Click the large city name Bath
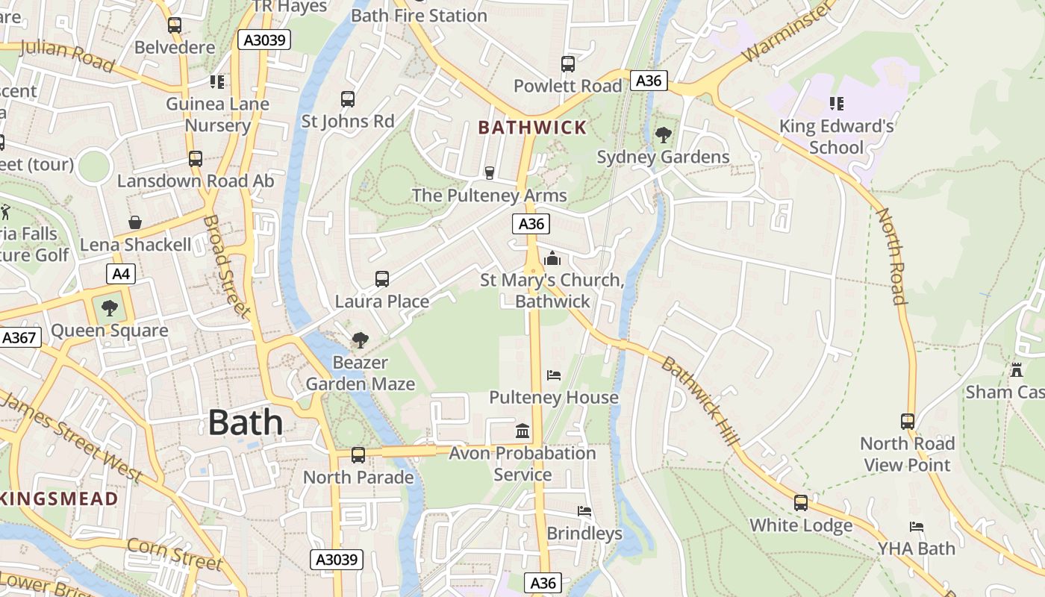tap(246, 422)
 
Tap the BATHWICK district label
tap(532, 128)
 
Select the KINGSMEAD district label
tap(58, 498)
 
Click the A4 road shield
tap(121, 274)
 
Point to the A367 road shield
tap(19, 337)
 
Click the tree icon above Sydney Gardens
tap(663, 135)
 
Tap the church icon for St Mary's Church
tap(552, 258)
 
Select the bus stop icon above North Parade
tap(358, 454)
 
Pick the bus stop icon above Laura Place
tap(382, 279)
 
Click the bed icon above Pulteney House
tap(553, 375)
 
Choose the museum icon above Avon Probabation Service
tap(522, 431)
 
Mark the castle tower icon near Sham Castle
tap(1016, 369)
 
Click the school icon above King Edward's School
tap(836, 103)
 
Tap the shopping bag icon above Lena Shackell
tap(135, 222)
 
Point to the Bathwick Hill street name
tap(701, 401)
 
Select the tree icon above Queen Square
tap(110, 307)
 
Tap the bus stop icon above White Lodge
tap(801, 502)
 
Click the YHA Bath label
tap(916, 548)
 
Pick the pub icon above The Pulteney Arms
tap(490, 173)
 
